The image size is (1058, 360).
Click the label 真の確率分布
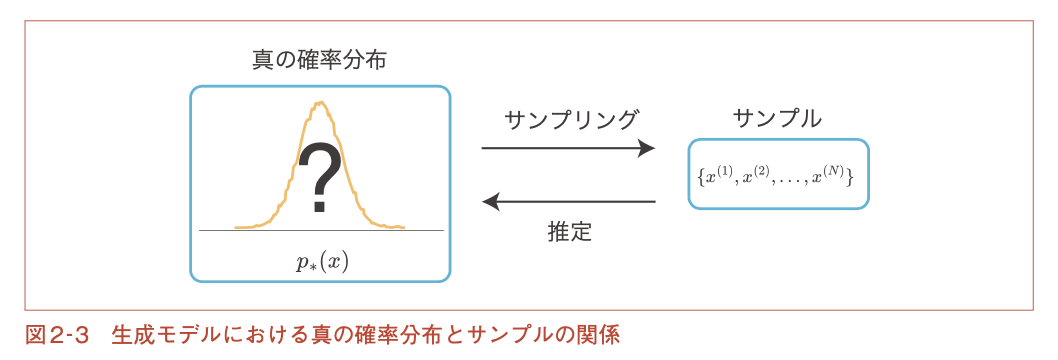pyautogui.click(x=320, y=61)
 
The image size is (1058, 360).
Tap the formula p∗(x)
pyautogui.click(x=322, y=262)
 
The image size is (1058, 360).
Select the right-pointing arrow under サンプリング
pyautogui.click(x=568, y=148)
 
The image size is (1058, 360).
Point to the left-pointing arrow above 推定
pyautogui.click(x=568, y=201)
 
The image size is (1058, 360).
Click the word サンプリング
pyautogui.click(x=571, y=119)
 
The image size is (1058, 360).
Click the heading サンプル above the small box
pyautogui.click(x=777, y=119)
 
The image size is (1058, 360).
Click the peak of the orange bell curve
pyautogui.click(x=322, y=102)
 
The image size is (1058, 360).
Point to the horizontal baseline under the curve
pyautogui.click(x=321, y=231)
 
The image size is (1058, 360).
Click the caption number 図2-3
pyautogui.click(x=57, y=335)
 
